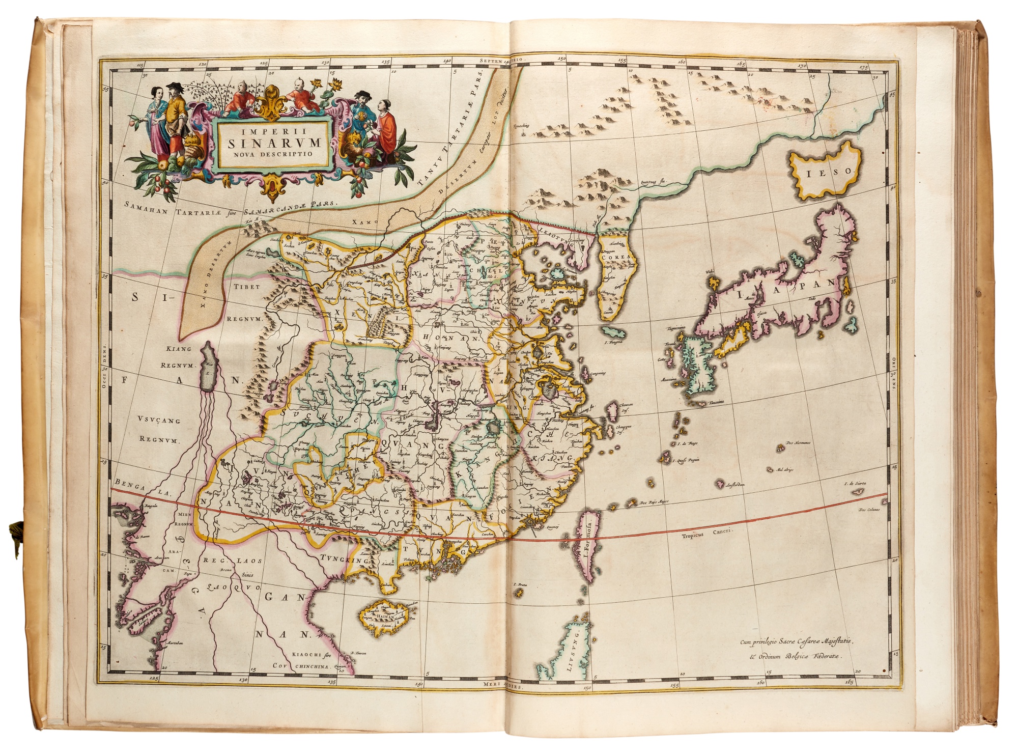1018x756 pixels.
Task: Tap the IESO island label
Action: (822, 172)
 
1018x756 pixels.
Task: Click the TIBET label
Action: (247, 287)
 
